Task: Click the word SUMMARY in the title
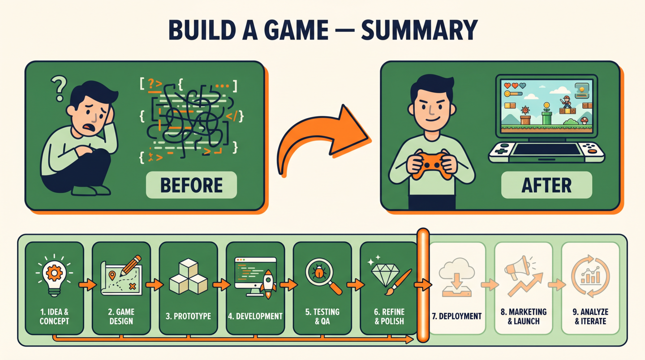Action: pyautogui.click(x=419, y=30)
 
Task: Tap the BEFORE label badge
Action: pyautogui.click(x=192, y=185)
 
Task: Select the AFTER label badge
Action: pyautogui.click(x=546, y=185)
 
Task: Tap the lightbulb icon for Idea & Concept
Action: pyautogui.click(x=54, y=275)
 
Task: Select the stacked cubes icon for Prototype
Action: pyautogui.click(x=188, y=276)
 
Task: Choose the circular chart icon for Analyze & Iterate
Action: pyautogui.click(x=590, y=276)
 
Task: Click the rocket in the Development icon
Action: pyautogui.click(x=268, y=284)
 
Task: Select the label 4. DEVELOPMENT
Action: pyautogui.click(x=255, y=316)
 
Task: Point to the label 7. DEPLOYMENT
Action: pyautogui.click(x=457, y=316)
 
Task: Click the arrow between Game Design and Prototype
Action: pyautogui.click(x=155, y=285)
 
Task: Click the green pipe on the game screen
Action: pyautogui.click(x=546, y=118)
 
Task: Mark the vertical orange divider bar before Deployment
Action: pyautogui.click(x=423, y=286)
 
